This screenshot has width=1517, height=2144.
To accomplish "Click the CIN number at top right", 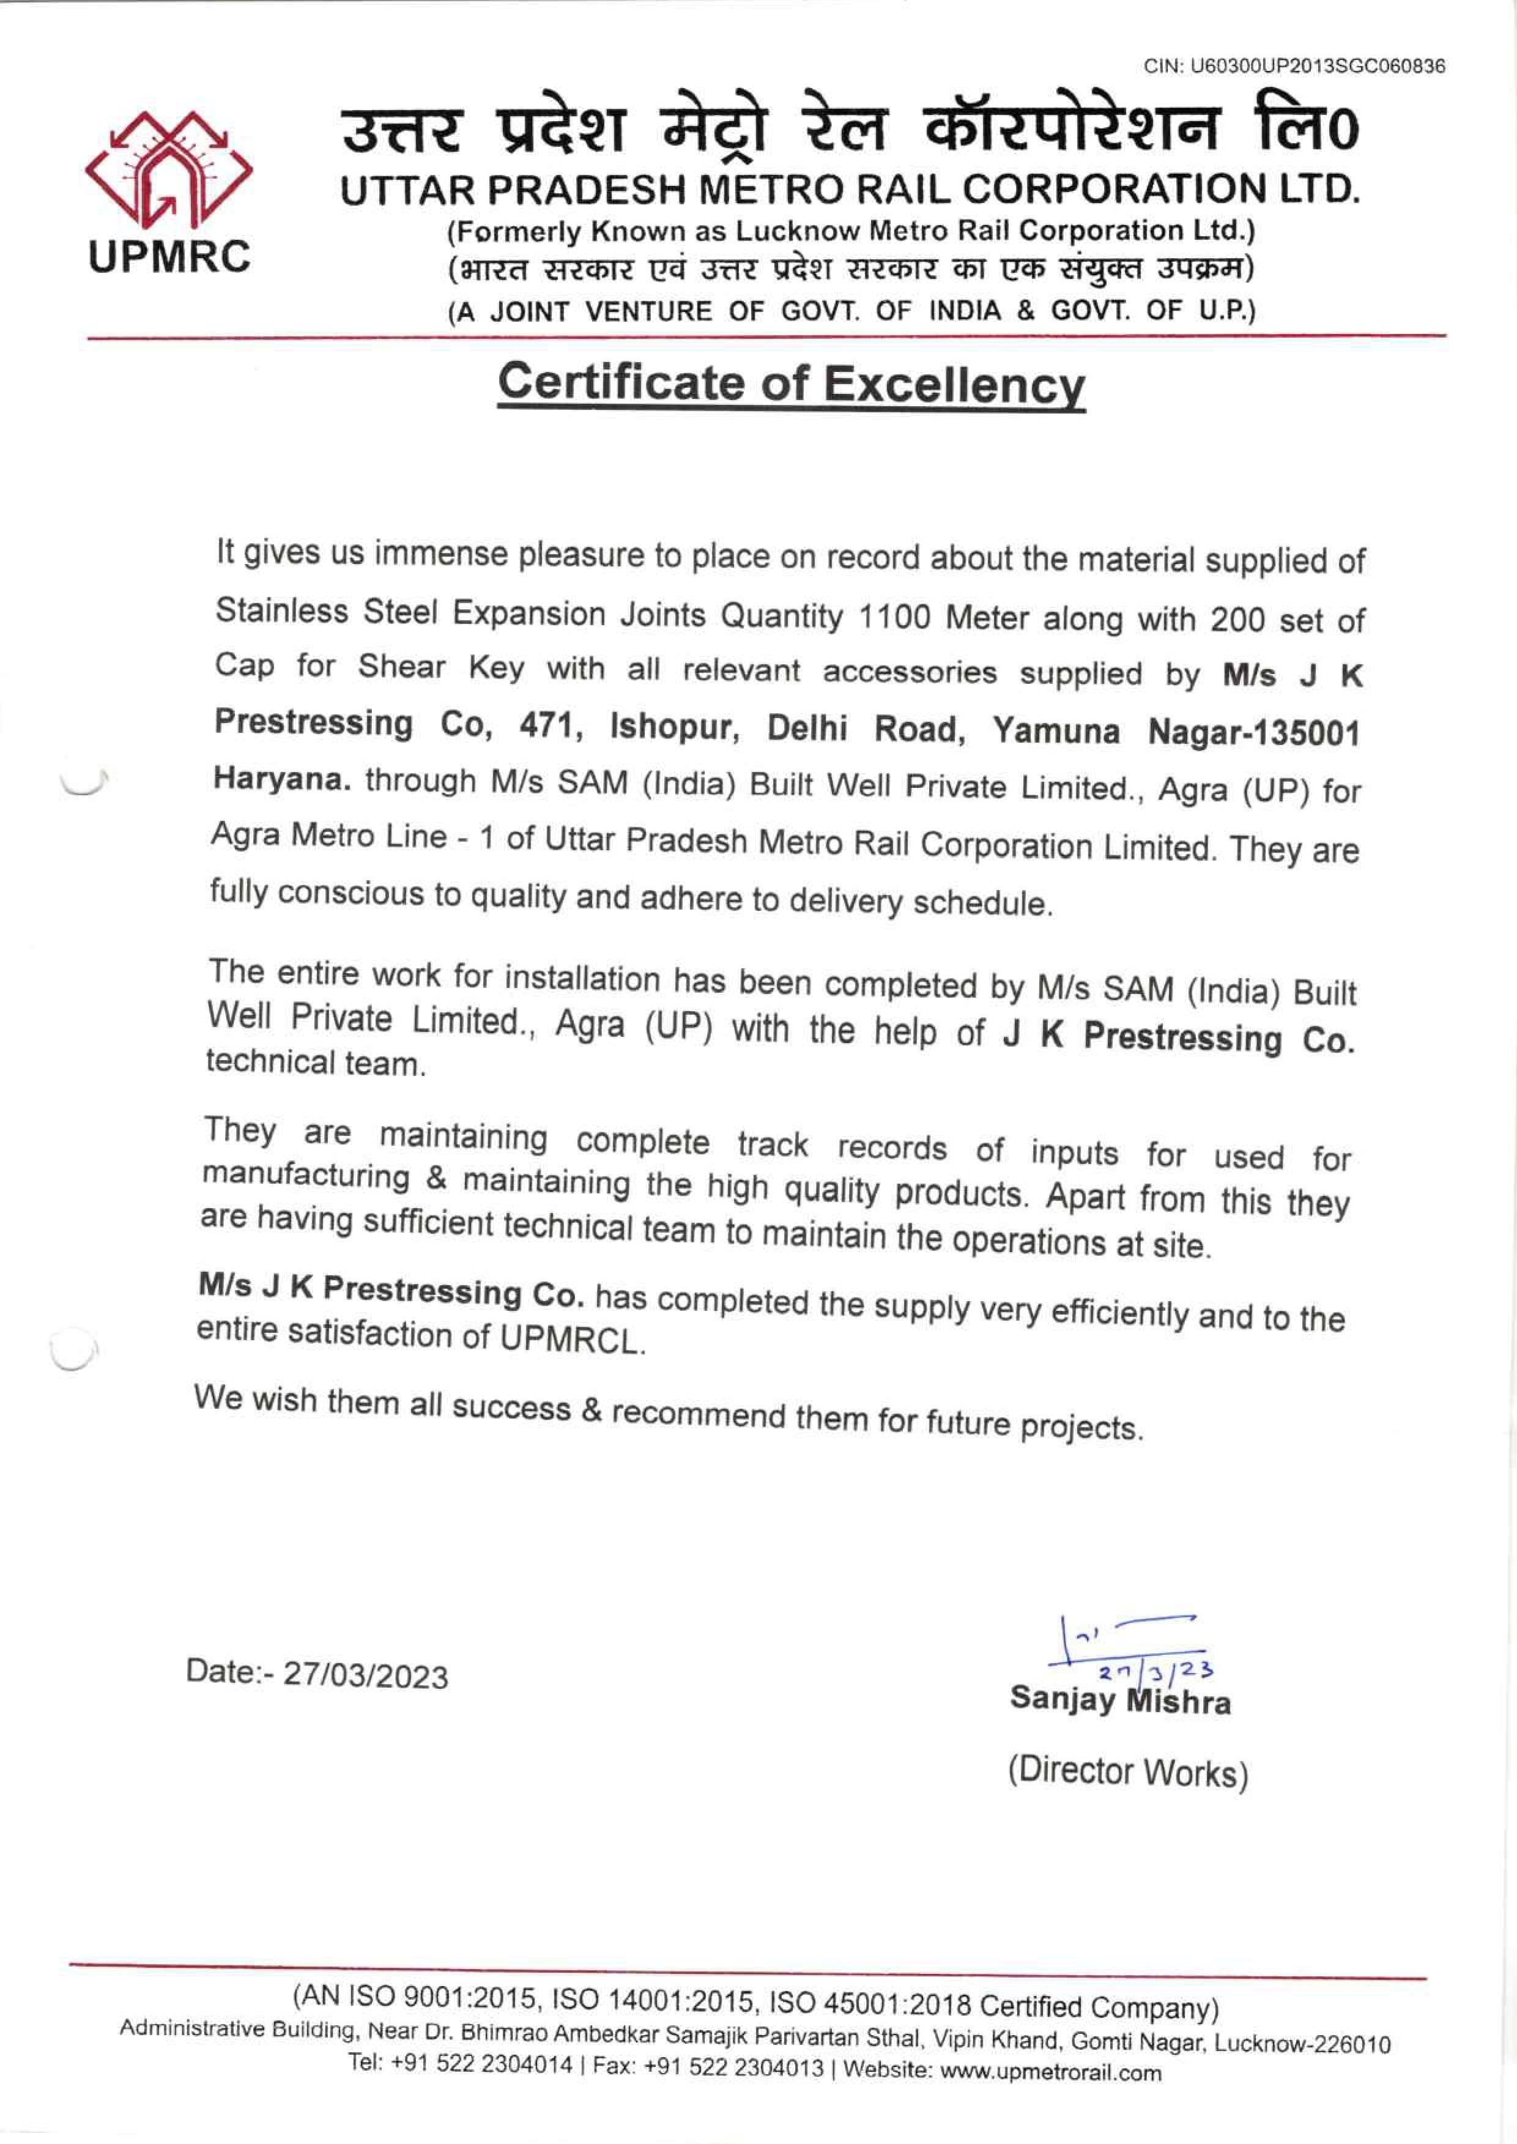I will (x=1294, y=66).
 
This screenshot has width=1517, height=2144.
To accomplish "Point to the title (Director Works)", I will (x=1127, y=1771).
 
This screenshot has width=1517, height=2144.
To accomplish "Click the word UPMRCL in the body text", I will (x=570, y=1340).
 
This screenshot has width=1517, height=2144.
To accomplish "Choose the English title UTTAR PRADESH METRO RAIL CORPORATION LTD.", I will (x=850, y=190).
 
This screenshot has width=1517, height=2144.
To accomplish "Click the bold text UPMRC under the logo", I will (x=170, y=256).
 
